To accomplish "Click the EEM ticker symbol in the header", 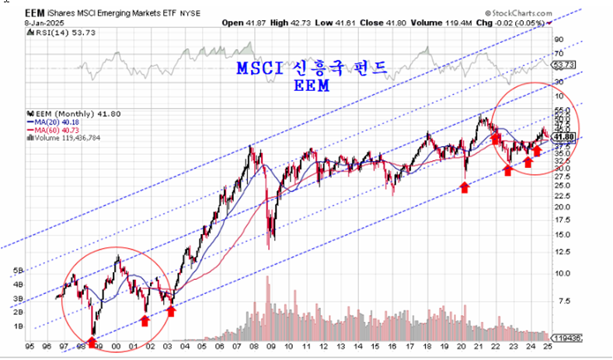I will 34,13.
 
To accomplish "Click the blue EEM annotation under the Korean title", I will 311,86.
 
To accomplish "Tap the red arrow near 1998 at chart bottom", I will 92,341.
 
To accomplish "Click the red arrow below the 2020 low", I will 465,187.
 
